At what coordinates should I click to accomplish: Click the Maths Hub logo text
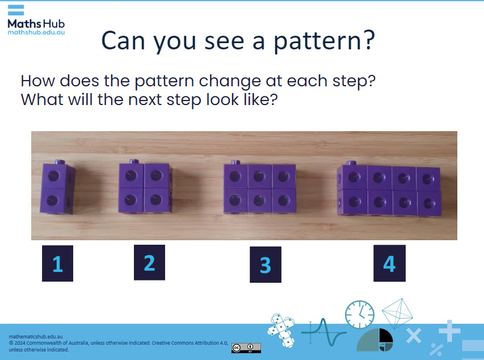click(x=36, y=23)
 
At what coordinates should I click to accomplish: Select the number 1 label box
click(x=57, y=263)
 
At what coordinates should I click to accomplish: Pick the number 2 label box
click(x=149, y=262)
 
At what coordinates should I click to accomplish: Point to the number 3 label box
click(x=265, y=265)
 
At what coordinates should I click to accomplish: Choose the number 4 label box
click(x=389, y=263)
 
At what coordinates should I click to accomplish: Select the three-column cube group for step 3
click(x=259, y=188)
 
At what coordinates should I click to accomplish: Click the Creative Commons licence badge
click(x=246, y=348)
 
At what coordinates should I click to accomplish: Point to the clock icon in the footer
click(x=360, y=314)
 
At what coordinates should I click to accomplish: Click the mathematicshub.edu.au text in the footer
click(x=32, y=337)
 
